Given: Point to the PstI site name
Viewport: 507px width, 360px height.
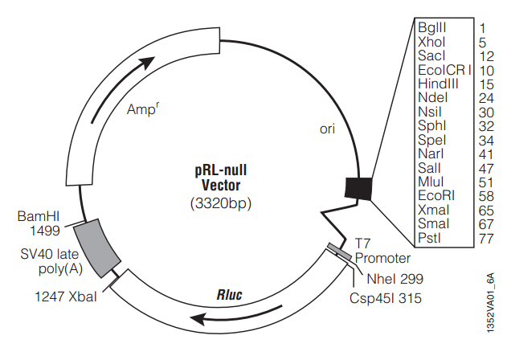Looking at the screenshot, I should point(429,239).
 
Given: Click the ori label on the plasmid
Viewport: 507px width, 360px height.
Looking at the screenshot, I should point(327,129).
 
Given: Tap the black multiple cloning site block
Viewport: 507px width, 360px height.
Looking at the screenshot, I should point(358,187).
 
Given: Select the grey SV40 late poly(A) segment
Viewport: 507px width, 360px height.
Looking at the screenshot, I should point(95,246).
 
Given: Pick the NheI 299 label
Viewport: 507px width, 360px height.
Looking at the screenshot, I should point(395,279).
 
